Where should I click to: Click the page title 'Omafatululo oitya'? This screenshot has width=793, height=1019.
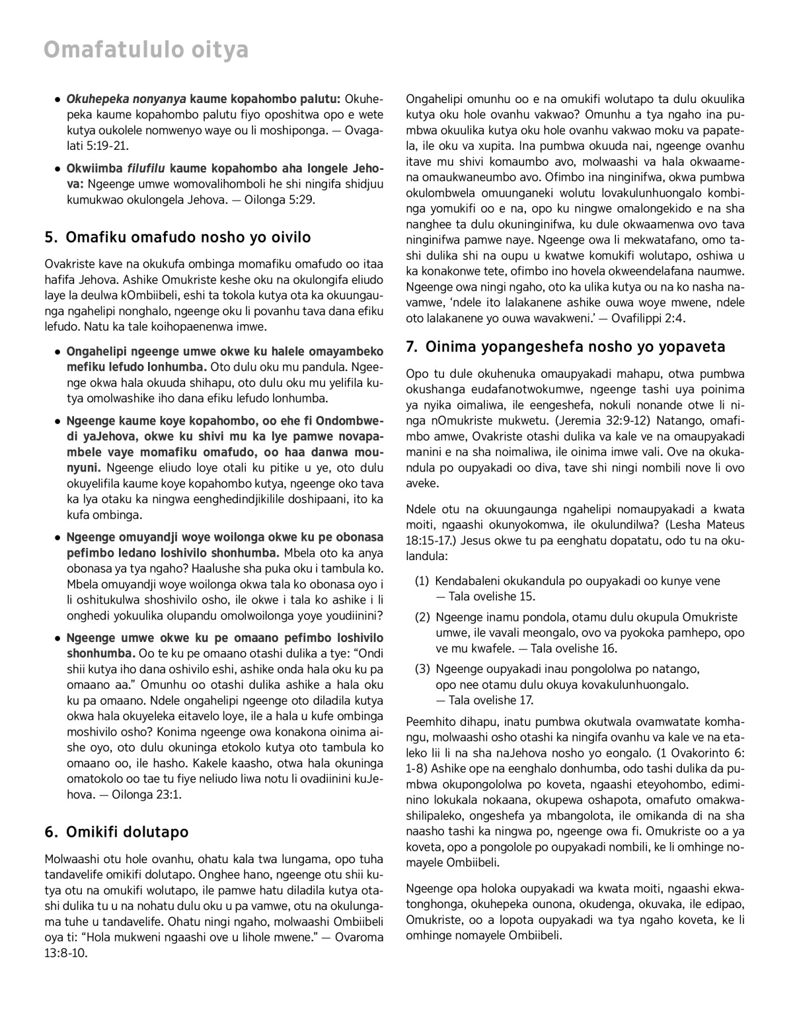tap(146, 50)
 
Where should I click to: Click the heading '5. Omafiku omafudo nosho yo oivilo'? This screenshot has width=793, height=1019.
tap(178, 237)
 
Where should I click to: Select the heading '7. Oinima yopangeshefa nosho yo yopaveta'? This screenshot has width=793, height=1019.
tap(566, 347)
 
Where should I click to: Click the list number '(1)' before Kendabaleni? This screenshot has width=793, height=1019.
tap(422, 581)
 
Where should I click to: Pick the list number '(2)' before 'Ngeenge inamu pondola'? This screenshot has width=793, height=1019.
tap(422, 617)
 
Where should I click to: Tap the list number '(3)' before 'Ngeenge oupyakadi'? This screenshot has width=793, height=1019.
tap(422, 669)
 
